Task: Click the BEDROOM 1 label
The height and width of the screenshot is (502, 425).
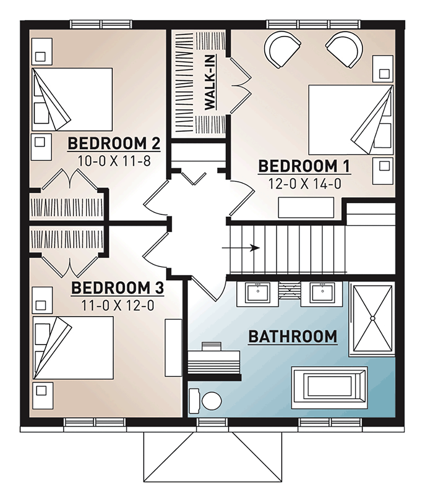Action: (x=304, y=166)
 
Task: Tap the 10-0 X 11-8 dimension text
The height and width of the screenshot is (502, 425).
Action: (x=114, y=161)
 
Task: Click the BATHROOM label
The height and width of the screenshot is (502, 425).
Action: (x=293, y=336)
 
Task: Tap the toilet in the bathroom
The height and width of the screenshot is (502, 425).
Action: (x=205, y=401)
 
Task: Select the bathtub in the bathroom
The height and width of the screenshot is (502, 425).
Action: (x=329, y=388)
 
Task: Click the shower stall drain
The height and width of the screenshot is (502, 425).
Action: (x=372, y=318)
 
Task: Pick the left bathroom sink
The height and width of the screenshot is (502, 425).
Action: (x=258, y=293)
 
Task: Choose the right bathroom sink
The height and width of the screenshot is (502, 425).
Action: (x=322, y=293)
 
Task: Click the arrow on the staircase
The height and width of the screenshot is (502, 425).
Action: (x=241, y=248)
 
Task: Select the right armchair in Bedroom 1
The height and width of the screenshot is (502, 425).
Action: (x=345, y=49)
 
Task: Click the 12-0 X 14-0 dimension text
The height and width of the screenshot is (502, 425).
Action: (x=305, y=184)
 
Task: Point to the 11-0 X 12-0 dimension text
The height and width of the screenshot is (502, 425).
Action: (x=117, y=305)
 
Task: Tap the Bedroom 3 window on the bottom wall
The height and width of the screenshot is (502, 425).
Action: (x=96, y=422)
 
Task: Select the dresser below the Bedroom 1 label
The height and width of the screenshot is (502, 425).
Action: (x=306, y=208)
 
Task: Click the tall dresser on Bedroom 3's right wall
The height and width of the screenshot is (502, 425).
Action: (x=173, y=347)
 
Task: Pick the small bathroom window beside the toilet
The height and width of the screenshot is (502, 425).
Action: (x=212, y=422)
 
